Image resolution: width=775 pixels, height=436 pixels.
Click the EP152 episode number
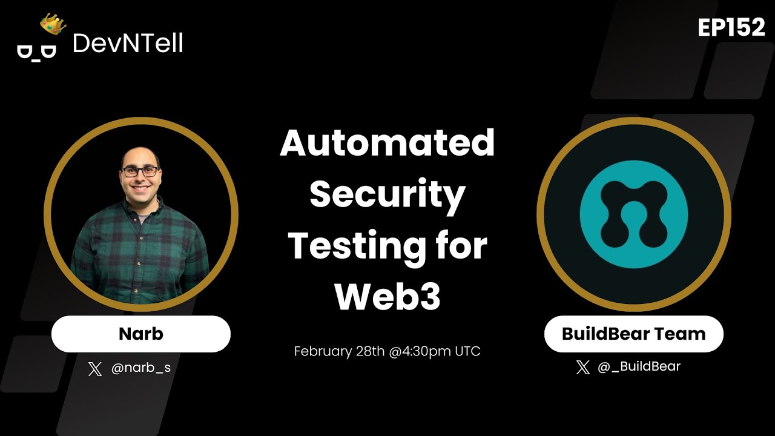click(x=731, y=27)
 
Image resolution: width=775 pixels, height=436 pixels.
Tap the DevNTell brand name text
click(x=128, y=44)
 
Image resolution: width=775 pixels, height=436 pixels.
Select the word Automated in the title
click(x=387, y=144)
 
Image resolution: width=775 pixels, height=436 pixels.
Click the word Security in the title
click(x=387, y=195)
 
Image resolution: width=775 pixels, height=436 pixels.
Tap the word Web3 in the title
click(x=387, y=297)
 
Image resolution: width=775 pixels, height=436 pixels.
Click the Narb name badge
click(x=140, y=334)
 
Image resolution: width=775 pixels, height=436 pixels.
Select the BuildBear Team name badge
click(x=633, y=334)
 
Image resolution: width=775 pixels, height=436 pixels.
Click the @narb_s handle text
click(x=141, y=368)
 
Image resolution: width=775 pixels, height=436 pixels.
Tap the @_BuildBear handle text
click(x=639, y=366)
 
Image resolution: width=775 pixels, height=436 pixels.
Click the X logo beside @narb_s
click(x=95, y=369)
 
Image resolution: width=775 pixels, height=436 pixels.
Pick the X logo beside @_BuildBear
click(x=582, y=367)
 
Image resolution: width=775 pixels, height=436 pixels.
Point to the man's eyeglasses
click(x=140, y=171)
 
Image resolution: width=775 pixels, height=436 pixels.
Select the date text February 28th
click(x=339, y=351)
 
